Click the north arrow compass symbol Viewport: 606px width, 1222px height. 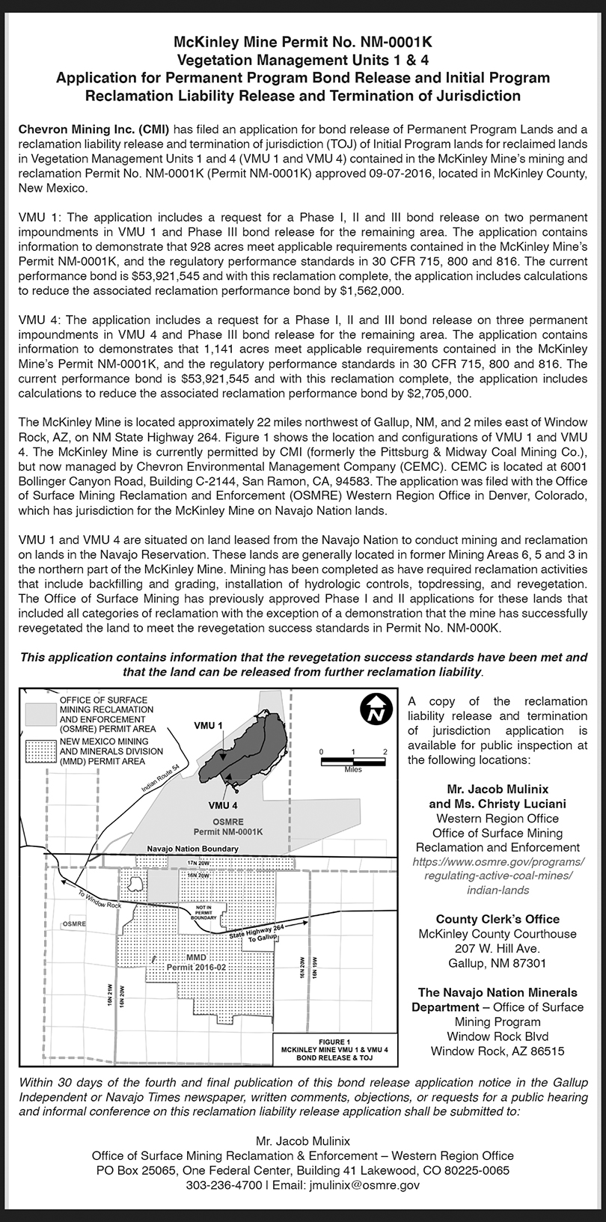pos(376,709)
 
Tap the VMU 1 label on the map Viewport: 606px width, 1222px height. pos(208,726)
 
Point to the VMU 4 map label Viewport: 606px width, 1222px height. pos(223,805)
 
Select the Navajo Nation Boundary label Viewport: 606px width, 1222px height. pos(193,849)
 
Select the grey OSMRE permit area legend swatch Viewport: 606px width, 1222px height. pos(40,712)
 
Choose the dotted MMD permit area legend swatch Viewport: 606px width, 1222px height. pos(40,751)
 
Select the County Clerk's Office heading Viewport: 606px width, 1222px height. pos(498,919)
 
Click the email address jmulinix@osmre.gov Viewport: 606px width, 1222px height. pos(357,1185)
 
